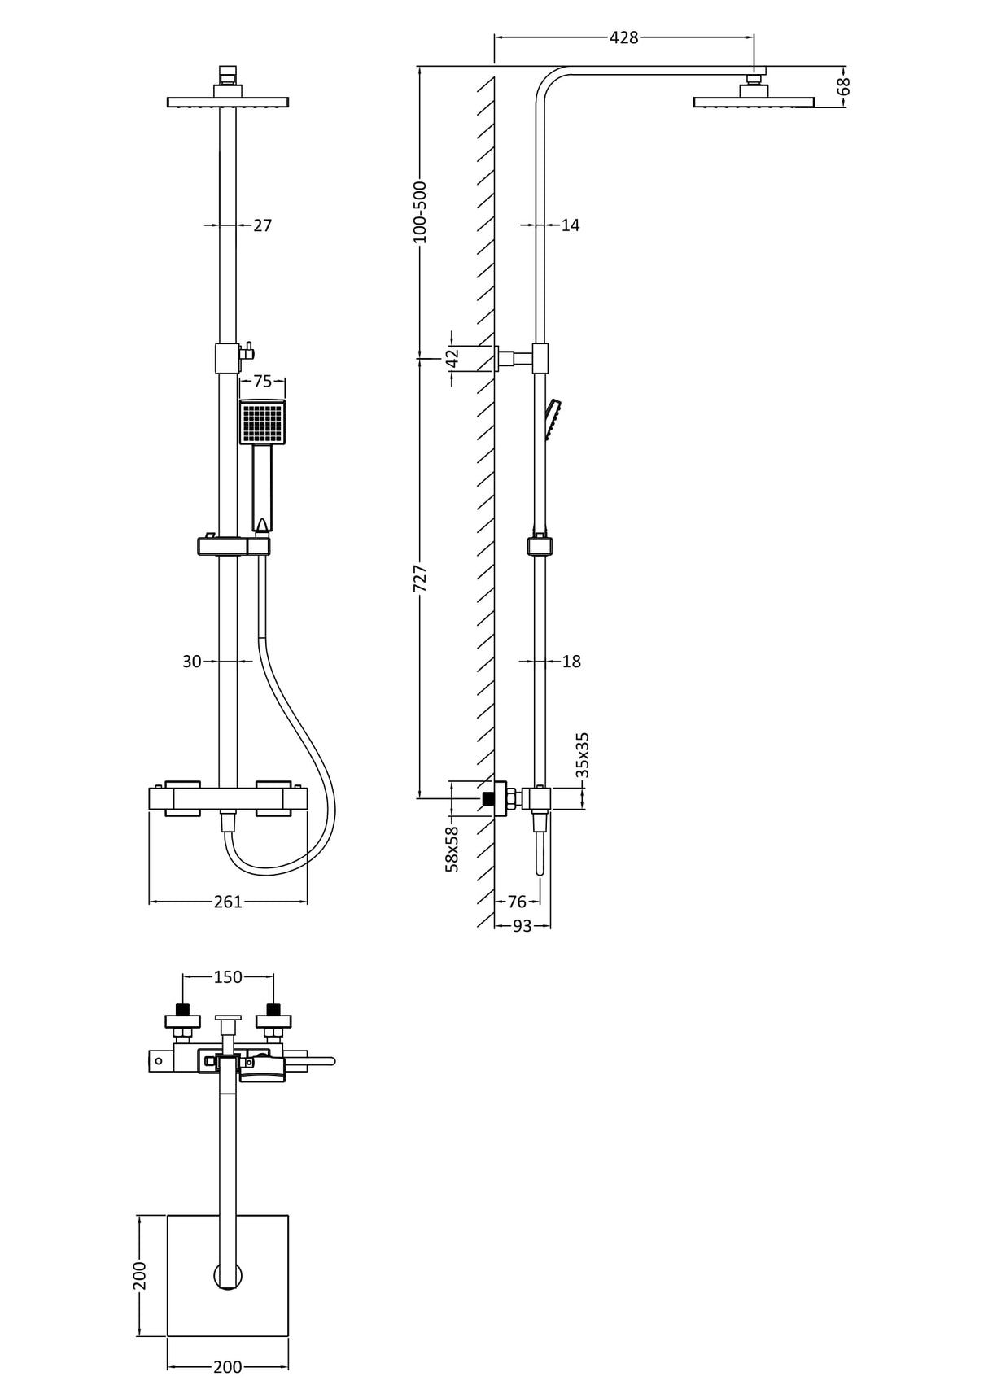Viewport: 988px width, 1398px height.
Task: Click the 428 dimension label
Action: tap(623, 37)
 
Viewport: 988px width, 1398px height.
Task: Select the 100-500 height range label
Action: tap(420, 212)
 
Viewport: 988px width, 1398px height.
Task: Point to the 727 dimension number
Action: tap(420, 577)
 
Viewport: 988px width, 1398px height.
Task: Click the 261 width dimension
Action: tap(228, 902)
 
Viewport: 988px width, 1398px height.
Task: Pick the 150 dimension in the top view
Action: tap(228, 976)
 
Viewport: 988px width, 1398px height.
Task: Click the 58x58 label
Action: tap(452, 849)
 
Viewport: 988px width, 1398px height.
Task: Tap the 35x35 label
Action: tap(582, 755)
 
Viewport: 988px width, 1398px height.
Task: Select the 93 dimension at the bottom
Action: tap(522, 926)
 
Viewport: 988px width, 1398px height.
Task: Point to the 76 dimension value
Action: tap(517, 901)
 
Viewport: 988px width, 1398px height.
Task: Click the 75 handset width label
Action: tap(262, 382)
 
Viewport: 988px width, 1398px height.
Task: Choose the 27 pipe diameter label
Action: tap(262, 225)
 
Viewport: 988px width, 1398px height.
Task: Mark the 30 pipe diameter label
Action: tap(191, 662)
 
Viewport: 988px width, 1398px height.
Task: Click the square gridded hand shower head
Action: tap(262, 422)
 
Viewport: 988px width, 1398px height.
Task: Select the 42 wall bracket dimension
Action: tap(453, 357)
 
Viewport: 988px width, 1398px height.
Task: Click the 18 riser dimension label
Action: tap(571, 662)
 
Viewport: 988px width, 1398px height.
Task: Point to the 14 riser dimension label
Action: tap(571, 225)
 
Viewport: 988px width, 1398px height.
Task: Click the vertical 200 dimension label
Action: tap(140, 1275)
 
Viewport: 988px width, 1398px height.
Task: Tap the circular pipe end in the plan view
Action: tap(228, 1276)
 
